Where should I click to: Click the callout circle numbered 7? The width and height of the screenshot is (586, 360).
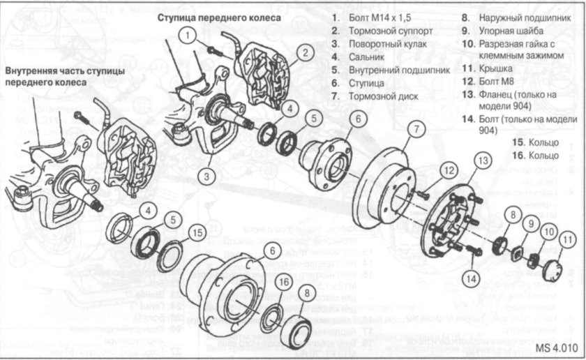416,128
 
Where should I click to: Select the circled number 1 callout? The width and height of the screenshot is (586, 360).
187,33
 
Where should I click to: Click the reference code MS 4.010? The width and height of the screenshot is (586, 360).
557,347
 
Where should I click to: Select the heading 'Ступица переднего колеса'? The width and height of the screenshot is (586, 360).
220,17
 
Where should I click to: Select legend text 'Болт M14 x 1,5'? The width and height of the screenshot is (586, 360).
377,17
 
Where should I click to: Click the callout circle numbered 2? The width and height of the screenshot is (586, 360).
304,52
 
